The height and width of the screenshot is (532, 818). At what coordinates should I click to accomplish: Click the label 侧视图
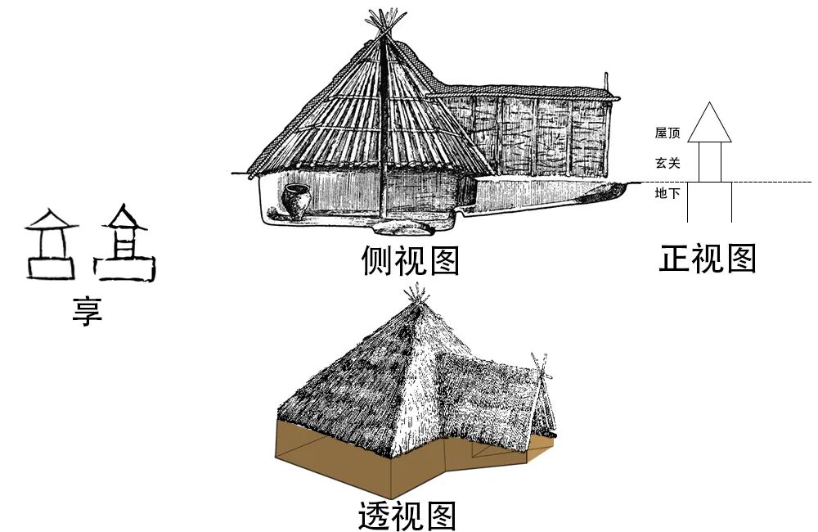click(x=411, y=260)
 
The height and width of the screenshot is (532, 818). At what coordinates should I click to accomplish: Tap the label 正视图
click(x=708, y=258)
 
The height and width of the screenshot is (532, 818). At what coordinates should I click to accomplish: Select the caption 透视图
click(x=407, y=516)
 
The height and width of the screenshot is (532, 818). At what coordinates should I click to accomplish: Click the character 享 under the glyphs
click(x=87, y=311)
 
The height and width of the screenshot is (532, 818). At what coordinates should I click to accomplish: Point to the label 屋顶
click(x=667, y=133)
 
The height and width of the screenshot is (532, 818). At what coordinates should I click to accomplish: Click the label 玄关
click(x=667, y=163)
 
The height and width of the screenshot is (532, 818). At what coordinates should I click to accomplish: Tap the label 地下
click(x=667, y=193)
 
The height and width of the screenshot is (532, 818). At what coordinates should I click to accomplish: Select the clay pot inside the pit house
click(x=296, y=201)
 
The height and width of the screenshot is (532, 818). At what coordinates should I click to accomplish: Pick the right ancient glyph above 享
click(x=124, y=243)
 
